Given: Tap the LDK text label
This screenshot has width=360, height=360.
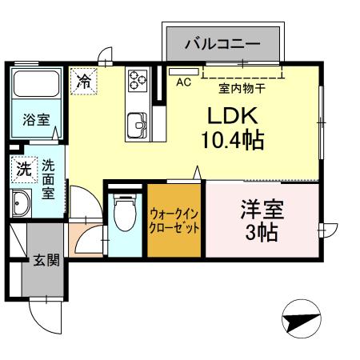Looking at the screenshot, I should (227, 114).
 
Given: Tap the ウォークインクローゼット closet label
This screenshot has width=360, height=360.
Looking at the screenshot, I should (174, 221).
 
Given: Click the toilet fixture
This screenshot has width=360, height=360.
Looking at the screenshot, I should (123, 213).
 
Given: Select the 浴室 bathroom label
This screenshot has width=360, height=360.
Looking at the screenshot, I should (36, 121).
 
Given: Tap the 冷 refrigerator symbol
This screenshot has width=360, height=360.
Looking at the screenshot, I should (84, 80).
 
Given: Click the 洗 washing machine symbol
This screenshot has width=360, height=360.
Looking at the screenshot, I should (24, 169).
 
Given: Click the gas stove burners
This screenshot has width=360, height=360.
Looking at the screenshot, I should (137, 80).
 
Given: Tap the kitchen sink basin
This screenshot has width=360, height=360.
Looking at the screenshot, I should (136, 126).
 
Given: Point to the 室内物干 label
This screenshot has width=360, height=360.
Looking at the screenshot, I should (237, 90).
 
